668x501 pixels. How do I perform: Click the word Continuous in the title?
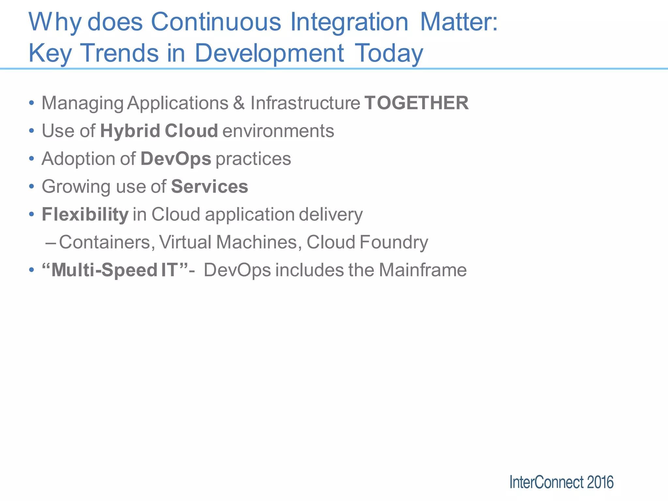point(216,22)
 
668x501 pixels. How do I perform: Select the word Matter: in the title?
point(459,22)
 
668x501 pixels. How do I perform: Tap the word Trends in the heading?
point(119,53)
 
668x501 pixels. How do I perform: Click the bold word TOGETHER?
point(417,103)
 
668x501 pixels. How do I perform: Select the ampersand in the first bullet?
point(239,103)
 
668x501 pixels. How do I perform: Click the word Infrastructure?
point(305,103)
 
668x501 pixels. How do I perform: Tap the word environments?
point(278,131)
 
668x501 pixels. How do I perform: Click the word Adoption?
point(78,159)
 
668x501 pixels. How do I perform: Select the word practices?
point(253,159)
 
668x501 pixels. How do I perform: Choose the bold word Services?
point(209,187)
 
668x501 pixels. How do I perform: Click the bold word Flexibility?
point(85,215)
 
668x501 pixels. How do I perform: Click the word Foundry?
point(394,242)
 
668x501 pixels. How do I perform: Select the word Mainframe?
point(422,270)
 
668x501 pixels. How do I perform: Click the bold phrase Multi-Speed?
point(104,270)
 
